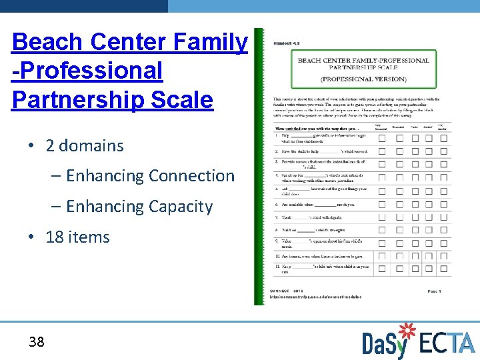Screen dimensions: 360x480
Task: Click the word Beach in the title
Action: pos(47,43)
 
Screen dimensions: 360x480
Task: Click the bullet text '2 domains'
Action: pos(85,146)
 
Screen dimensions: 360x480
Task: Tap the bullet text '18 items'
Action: pos(78,237)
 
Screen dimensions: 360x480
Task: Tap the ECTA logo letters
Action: pos(447,343)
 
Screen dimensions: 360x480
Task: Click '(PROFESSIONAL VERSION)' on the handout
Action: pos(363,79)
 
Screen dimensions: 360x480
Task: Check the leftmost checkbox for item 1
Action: pos(382,138)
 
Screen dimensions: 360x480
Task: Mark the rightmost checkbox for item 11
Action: pos(443,268)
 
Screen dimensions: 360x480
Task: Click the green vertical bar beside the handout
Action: pos(259,167)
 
